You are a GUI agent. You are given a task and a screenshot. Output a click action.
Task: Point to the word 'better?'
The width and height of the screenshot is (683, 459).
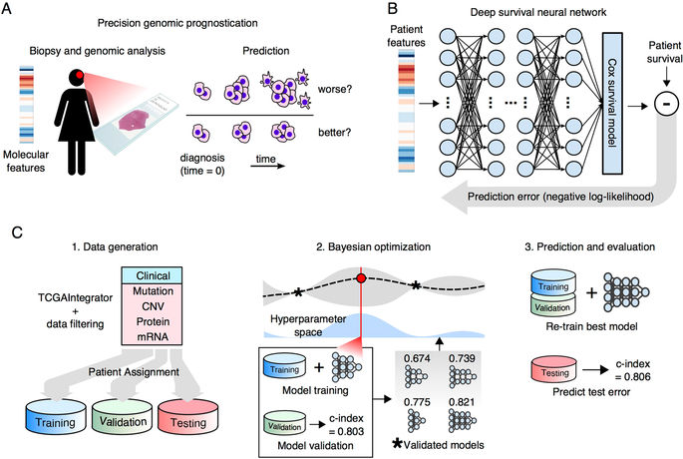[318, 136]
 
